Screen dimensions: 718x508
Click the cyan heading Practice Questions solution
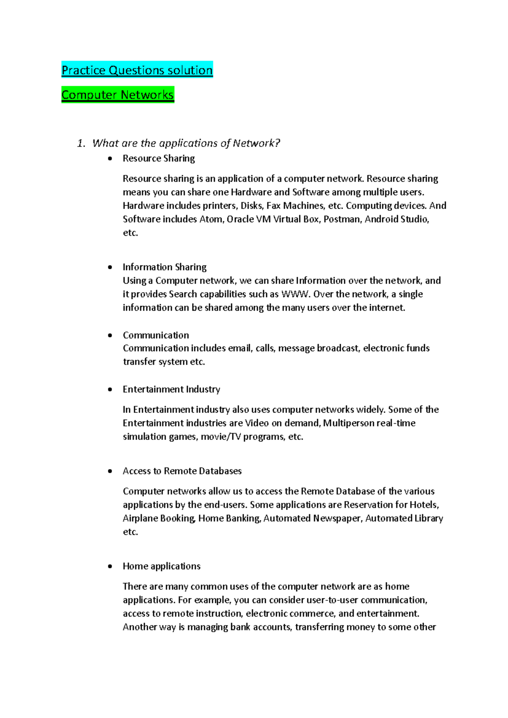[x=137, y=70]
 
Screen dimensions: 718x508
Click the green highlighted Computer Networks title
[x=117, y=95]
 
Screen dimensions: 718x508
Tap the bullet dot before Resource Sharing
[x=110, y=158]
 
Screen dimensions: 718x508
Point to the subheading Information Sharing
[x=164, y=267]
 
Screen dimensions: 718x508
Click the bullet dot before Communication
[x=110, y=335]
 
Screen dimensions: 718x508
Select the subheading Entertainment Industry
[x=171, y=389]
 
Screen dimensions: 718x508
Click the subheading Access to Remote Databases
[x=182, y=471]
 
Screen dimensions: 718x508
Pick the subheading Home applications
[x=161, y=566]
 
